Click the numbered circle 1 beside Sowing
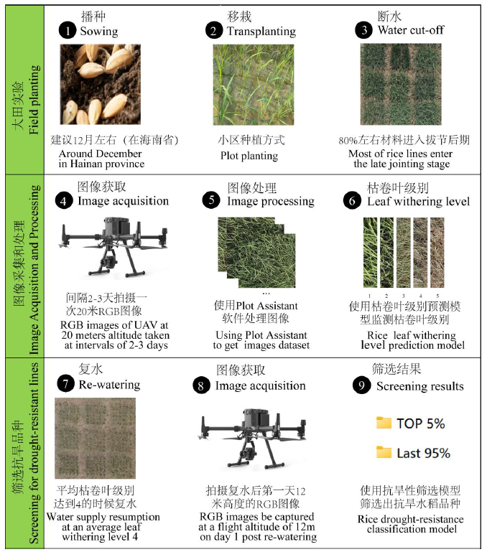point(68,31)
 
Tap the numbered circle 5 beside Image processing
point(211,200)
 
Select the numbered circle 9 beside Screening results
point(361,385)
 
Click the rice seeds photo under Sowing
point(101,85)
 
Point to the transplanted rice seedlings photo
point(254,85)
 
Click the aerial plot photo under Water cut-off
point(401,84)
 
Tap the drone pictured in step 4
point(113,246)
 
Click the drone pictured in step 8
point(251,439)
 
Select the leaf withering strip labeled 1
point(370,253)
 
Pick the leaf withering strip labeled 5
point(437,253)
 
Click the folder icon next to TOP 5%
point(384,422)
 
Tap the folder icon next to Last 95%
point(384,452)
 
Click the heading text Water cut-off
point(411,30)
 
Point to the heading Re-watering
point(109,385)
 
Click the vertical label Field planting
point(34,100)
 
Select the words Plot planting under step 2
point(249,156)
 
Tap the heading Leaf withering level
point(418,202)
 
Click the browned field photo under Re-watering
point(95,439)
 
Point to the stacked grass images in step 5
point(256,253)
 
